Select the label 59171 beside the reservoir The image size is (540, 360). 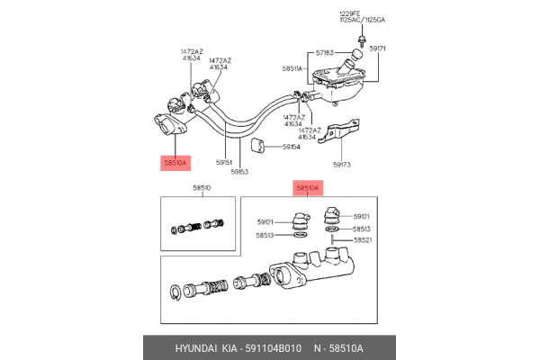(379, 48)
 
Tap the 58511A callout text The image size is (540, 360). (292, 68)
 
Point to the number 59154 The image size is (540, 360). (291, 146)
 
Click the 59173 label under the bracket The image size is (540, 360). (343, 165)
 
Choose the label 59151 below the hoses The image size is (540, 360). (225, 163)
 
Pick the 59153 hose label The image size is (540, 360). (239, 171)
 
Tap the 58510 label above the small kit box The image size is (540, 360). (202, 188)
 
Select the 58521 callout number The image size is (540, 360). (362, 240)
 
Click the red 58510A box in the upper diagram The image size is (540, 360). (175, 163)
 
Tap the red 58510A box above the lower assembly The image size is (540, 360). (307, 188)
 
